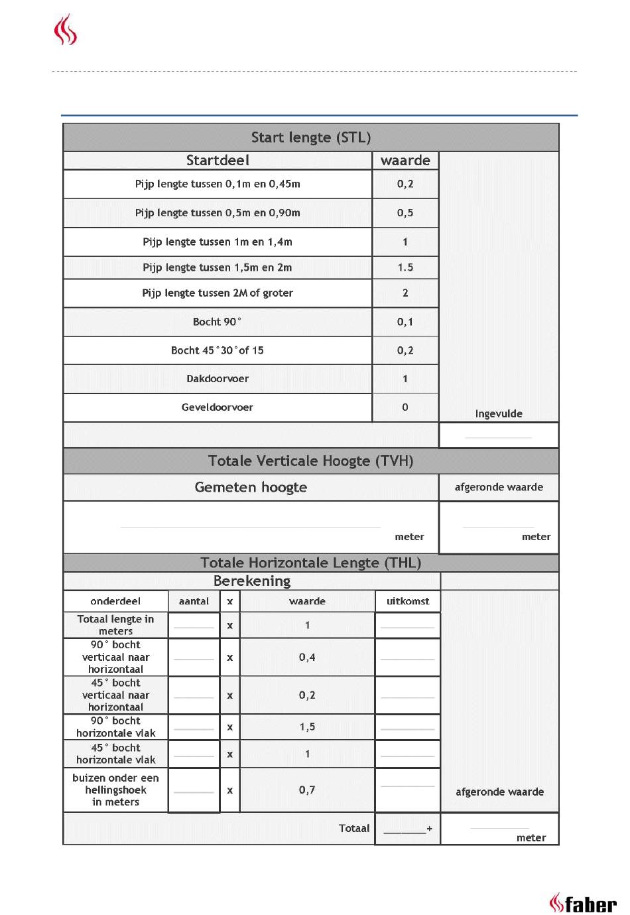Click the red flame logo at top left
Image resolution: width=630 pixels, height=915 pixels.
(x=66, y=31)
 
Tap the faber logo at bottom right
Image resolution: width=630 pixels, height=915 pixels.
(x=583, y=903)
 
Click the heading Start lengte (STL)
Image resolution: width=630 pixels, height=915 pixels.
(x=310, y=137)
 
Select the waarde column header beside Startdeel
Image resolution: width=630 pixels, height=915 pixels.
(x=405, y=161)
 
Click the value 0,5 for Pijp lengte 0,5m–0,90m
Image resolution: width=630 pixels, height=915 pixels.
(x=405, y=213)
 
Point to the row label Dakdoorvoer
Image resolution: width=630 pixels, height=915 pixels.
(x=218, y=379)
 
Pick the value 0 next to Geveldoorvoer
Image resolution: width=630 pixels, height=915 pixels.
(x=405, y=407)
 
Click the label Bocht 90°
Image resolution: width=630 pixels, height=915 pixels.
(x=218, y=322)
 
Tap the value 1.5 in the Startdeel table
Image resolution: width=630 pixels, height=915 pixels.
(x=405, y=267)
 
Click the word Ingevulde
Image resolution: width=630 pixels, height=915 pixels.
(x=499, y=413)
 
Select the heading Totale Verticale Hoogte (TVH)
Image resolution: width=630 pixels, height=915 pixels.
(x=310, y=461)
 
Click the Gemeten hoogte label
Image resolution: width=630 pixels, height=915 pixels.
(x=251, y=487)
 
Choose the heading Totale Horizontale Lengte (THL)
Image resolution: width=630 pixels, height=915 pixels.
(x=310, y=563)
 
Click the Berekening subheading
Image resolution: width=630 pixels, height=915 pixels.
(x=252, y=581)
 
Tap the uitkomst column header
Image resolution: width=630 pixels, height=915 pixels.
(x=408, y=601)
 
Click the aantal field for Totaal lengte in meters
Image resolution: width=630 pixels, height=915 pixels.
(x=194, y=625)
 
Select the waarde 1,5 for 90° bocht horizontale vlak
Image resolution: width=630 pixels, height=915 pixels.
(x=307, y=727)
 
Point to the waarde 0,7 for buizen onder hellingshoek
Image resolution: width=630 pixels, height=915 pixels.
(x=307, y=790)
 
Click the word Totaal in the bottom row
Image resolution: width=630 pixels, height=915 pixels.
(x=354, y=828)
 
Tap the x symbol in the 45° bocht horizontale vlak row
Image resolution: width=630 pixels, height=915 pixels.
(x=230, y=754)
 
